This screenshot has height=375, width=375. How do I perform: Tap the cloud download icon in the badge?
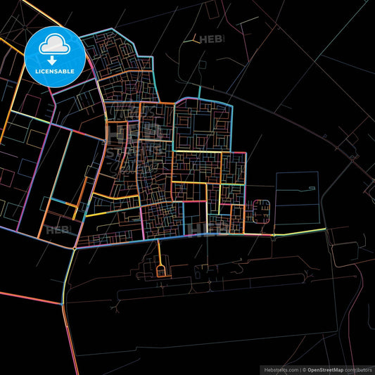pyautogui.click(x=55, y=47)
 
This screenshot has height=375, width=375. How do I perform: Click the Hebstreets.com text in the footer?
pyautogui.click(x=279, y=369)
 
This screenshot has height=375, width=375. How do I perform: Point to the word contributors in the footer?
pyautogui.click(x=359, y=369)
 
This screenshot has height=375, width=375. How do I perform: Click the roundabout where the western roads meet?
pyautogui.click(x=74, y=248)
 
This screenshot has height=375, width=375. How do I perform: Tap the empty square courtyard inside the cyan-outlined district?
pyautogui.click(x=202, y=122)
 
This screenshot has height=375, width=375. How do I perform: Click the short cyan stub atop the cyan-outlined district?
pyautogui.click(x=200, y=91)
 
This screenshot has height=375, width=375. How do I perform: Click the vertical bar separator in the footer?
pyautogui.click(x=300, y=369)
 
